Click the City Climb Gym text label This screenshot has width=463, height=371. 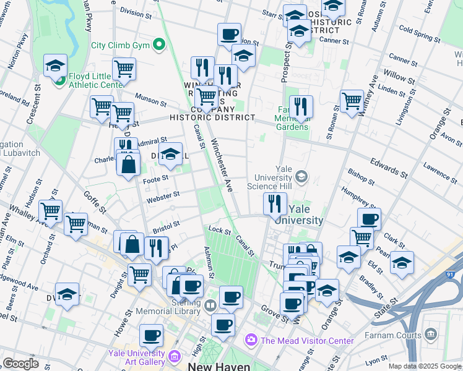[x=121, y=45]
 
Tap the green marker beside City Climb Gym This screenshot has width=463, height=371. [x=159, y=45]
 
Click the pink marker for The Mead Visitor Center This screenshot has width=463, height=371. [x=251, y=339]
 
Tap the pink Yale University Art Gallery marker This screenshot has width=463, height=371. [x=174, y=356]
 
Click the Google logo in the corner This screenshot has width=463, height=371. [x=20, y=363]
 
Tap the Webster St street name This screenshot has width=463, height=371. [x=162, y=196]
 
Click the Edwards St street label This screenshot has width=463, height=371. [x=389, y=165]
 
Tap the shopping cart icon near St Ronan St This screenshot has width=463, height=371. [x=352, y=100]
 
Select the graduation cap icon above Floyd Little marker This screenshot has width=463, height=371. [x=55, y=64]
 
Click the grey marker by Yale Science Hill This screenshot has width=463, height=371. [x=301, y=177]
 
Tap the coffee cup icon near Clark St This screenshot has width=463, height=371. [x=369, y=218]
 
